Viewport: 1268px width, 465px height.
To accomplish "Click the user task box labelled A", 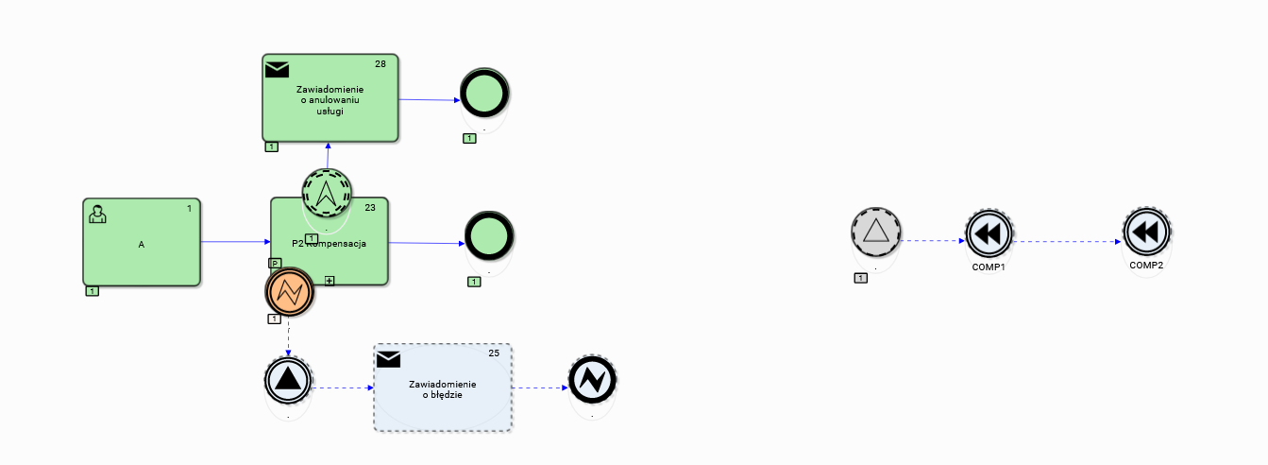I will tap(142, 243).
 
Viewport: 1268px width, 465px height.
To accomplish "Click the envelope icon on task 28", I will tap(277, 68).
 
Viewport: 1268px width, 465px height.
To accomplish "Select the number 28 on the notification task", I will tap(380, 64).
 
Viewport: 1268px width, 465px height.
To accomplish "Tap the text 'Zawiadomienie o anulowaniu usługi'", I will tap(330, 99).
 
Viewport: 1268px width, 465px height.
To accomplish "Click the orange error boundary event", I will tap(289, 293).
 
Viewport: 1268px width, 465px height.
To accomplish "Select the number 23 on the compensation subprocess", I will tap(370, 207).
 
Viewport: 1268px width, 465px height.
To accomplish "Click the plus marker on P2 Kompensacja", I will tap(330, 280).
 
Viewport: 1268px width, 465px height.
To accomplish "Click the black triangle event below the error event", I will tap(288, 379).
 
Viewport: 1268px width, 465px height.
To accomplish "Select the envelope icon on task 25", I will tap(388, 359).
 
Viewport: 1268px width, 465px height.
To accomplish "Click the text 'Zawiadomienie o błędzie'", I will tap(443, 389).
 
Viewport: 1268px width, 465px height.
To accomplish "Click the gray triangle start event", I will tap(875, 232).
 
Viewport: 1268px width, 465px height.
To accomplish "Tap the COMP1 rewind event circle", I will tap(989, 233).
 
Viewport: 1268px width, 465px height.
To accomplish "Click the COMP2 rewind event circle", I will tap(1146, 232).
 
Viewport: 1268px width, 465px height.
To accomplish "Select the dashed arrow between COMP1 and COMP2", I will tap(1067, 241).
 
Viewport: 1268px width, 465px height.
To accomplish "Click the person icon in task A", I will tap(97, 214).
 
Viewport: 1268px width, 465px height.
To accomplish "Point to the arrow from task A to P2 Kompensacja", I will tap(235, 242).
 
